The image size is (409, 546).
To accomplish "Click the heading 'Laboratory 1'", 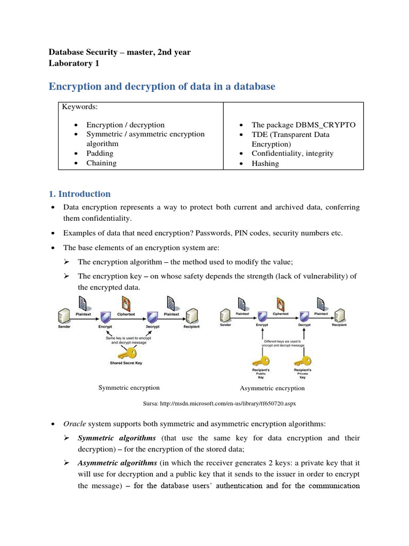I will tap(73, 63).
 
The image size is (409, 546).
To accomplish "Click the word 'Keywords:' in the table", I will tap(80, 107).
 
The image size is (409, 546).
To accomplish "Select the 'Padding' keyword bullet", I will tap(100, 154).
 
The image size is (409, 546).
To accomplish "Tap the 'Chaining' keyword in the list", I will tap(101, 163).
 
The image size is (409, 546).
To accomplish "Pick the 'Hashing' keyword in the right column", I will tap(265, 163).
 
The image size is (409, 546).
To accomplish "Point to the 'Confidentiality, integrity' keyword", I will tap(292, 154).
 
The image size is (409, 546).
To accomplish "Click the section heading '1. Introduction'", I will tap(80, 194).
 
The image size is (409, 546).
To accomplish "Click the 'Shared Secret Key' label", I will tap(126, 363).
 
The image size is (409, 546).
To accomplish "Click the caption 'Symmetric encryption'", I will tap(129, 388).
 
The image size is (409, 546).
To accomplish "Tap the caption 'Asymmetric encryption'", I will tap(272, 388).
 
